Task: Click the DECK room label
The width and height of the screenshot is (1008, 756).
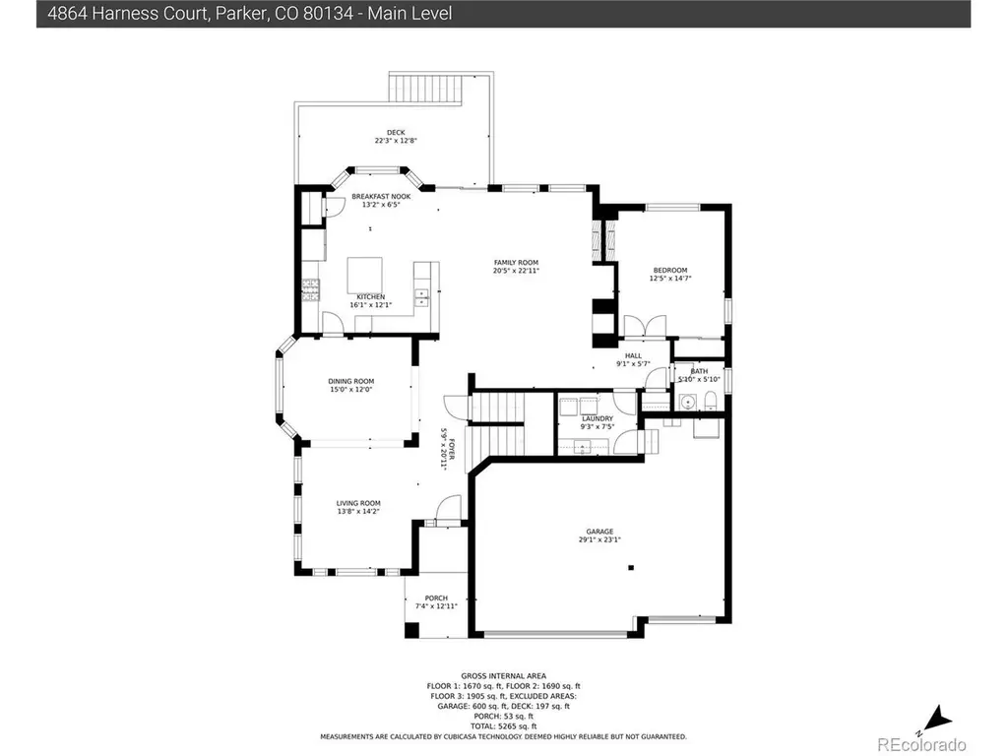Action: (x=396, y=133)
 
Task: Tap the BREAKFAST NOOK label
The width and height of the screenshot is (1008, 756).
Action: (x=381, y=197)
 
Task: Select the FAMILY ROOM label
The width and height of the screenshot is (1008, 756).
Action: (x=516, y=262)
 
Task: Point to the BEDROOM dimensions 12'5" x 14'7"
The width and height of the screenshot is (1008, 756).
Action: (x=670, y=279)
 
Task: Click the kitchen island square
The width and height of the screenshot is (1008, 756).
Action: (x=364, y=276)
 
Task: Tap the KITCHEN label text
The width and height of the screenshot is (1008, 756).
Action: (x=371, y=297)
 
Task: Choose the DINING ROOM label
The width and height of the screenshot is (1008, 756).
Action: (x=351, y=381)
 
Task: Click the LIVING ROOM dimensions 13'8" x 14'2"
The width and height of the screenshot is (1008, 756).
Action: (x=358, y=512)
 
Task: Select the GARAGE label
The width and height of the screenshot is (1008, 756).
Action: (x=599, y=532)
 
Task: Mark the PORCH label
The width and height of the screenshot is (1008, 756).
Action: (x=436, y=598)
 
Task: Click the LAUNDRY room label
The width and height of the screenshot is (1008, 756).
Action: (x=598, y=418)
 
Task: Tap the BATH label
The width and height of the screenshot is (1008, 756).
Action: (x=700, y=371)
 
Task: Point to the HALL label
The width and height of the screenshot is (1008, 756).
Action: (x=633, y=355)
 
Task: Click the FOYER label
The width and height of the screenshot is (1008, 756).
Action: (x=452, y=449)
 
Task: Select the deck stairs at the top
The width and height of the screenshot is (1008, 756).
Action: (x=425, y=88)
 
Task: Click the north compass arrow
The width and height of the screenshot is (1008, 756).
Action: (x=937, y=719)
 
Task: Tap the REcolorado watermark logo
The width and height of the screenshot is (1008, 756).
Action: (x=921, y=744)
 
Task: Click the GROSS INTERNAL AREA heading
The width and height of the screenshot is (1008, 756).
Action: (x=503, y=675)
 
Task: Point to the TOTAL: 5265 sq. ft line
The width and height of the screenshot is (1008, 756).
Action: (x=503, y=726)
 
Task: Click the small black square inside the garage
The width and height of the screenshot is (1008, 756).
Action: (x=631, y=568)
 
